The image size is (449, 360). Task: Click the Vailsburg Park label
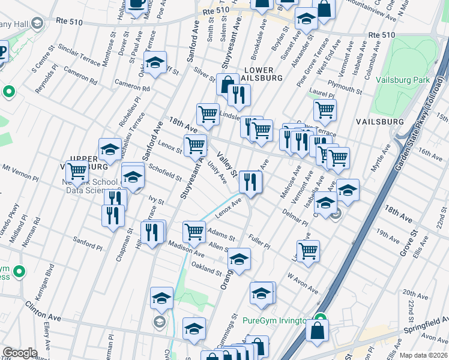(x=403, y=80)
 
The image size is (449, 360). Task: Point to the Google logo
(x=20, y=353)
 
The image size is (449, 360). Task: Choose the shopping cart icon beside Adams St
(x=194, y=231)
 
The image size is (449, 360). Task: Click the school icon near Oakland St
(x=239, y=259)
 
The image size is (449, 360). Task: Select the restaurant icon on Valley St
(x=250, y=181)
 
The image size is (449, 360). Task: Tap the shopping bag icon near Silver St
(x=228, y=85)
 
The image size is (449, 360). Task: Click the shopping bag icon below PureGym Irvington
(x=317, y=331)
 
